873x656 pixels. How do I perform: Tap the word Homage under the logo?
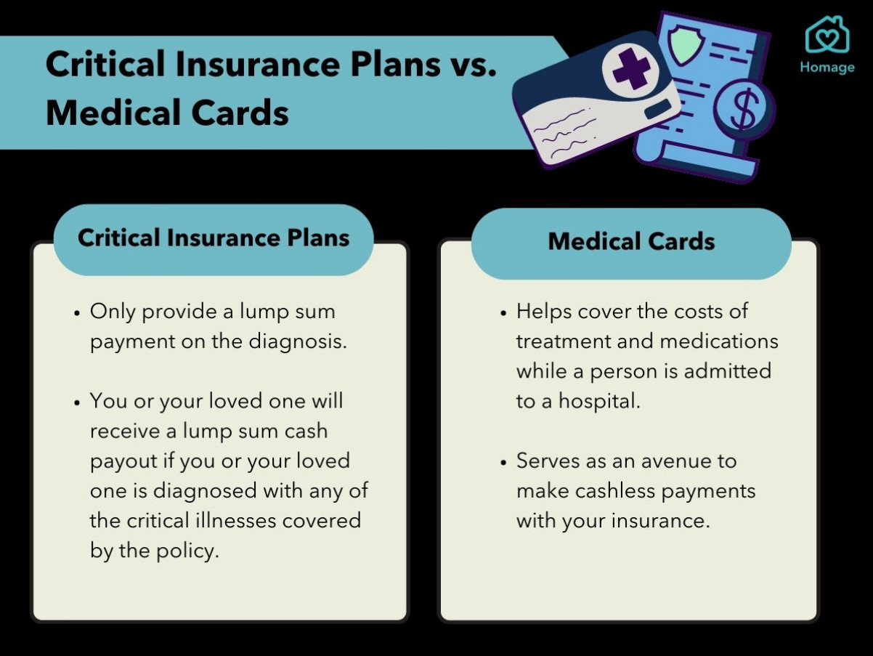tap(827, 68)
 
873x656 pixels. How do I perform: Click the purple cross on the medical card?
tap(631, 69)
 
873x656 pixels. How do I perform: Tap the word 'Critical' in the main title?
tap(105, 64)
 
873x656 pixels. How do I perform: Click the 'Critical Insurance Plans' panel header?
tap(214, 240)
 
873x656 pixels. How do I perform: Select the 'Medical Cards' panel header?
tap(631, 243)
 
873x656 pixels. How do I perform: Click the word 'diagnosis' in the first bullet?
tap(298, 342)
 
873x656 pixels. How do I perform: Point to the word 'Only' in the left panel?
tap(113, 312)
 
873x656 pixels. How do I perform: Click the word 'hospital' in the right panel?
tap(599, 401)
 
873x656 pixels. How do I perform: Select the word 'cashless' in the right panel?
tap(615, 491)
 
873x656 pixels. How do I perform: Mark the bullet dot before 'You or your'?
tap(77, 402)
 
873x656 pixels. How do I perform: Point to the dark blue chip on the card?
tap(658, 108)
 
